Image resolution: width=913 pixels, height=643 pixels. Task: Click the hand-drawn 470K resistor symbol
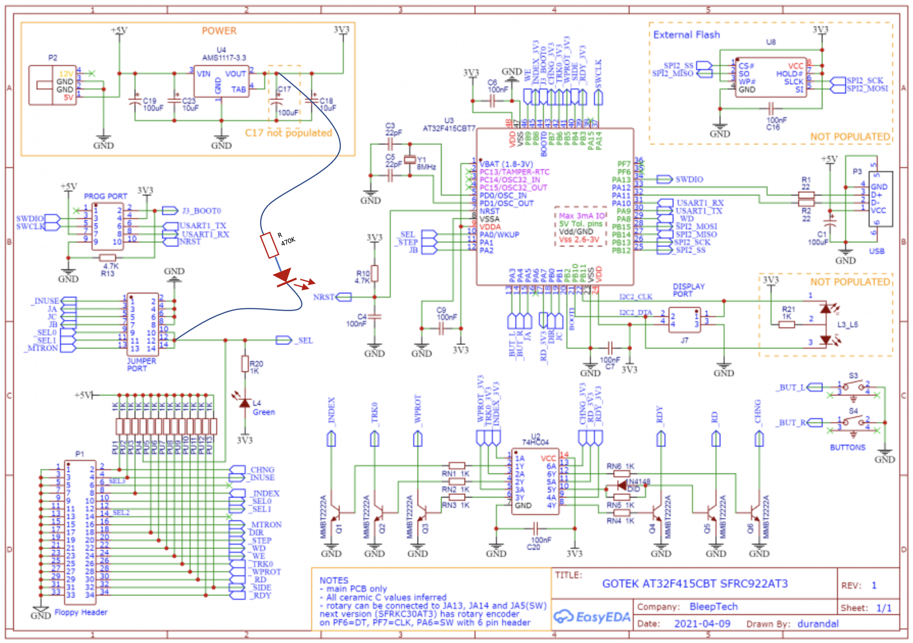[269, 245]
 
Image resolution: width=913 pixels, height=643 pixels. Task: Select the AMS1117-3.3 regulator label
[224, 58]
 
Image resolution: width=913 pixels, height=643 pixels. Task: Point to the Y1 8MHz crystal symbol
[410, 160]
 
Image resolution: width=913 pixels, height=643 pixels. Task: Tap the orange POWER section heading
[219, 31]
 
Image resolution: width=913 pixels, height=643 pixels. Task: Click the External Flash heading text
[686, 35]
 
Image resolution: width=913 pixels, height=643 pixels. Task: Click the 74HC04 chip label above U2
[535, 442]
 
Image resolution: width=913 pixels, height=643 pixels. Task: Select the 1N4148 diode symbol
[622, 485]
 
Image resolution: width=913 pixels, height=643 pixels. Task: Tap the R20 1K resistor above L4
[245, 364]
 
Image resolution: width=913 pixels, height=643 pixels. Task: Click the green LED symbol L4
[245, 402]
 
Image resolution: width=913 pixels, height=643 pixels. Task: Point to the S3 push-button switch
[853, 386]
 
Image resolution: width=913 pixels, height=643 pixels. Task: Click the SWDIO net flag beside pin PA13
[664, 179]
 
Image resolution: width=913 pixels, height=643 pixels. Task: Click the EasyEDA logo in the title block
[592, 617]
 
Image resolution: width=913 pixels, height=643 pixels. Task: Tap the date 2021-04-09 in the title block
[702, 623]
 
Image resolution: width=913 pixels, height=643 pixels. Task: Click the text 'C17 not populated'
[288, 133]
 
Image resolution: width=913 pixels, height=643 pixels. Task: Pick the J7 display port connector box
[685, 320]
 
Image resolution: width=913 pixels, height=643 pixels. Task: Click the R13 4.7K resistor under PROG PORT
[108, 258]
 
